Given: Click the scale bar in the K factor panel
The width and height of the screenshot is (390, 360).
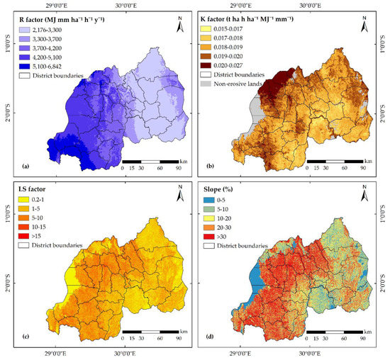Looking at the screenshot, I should [340, 160].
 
